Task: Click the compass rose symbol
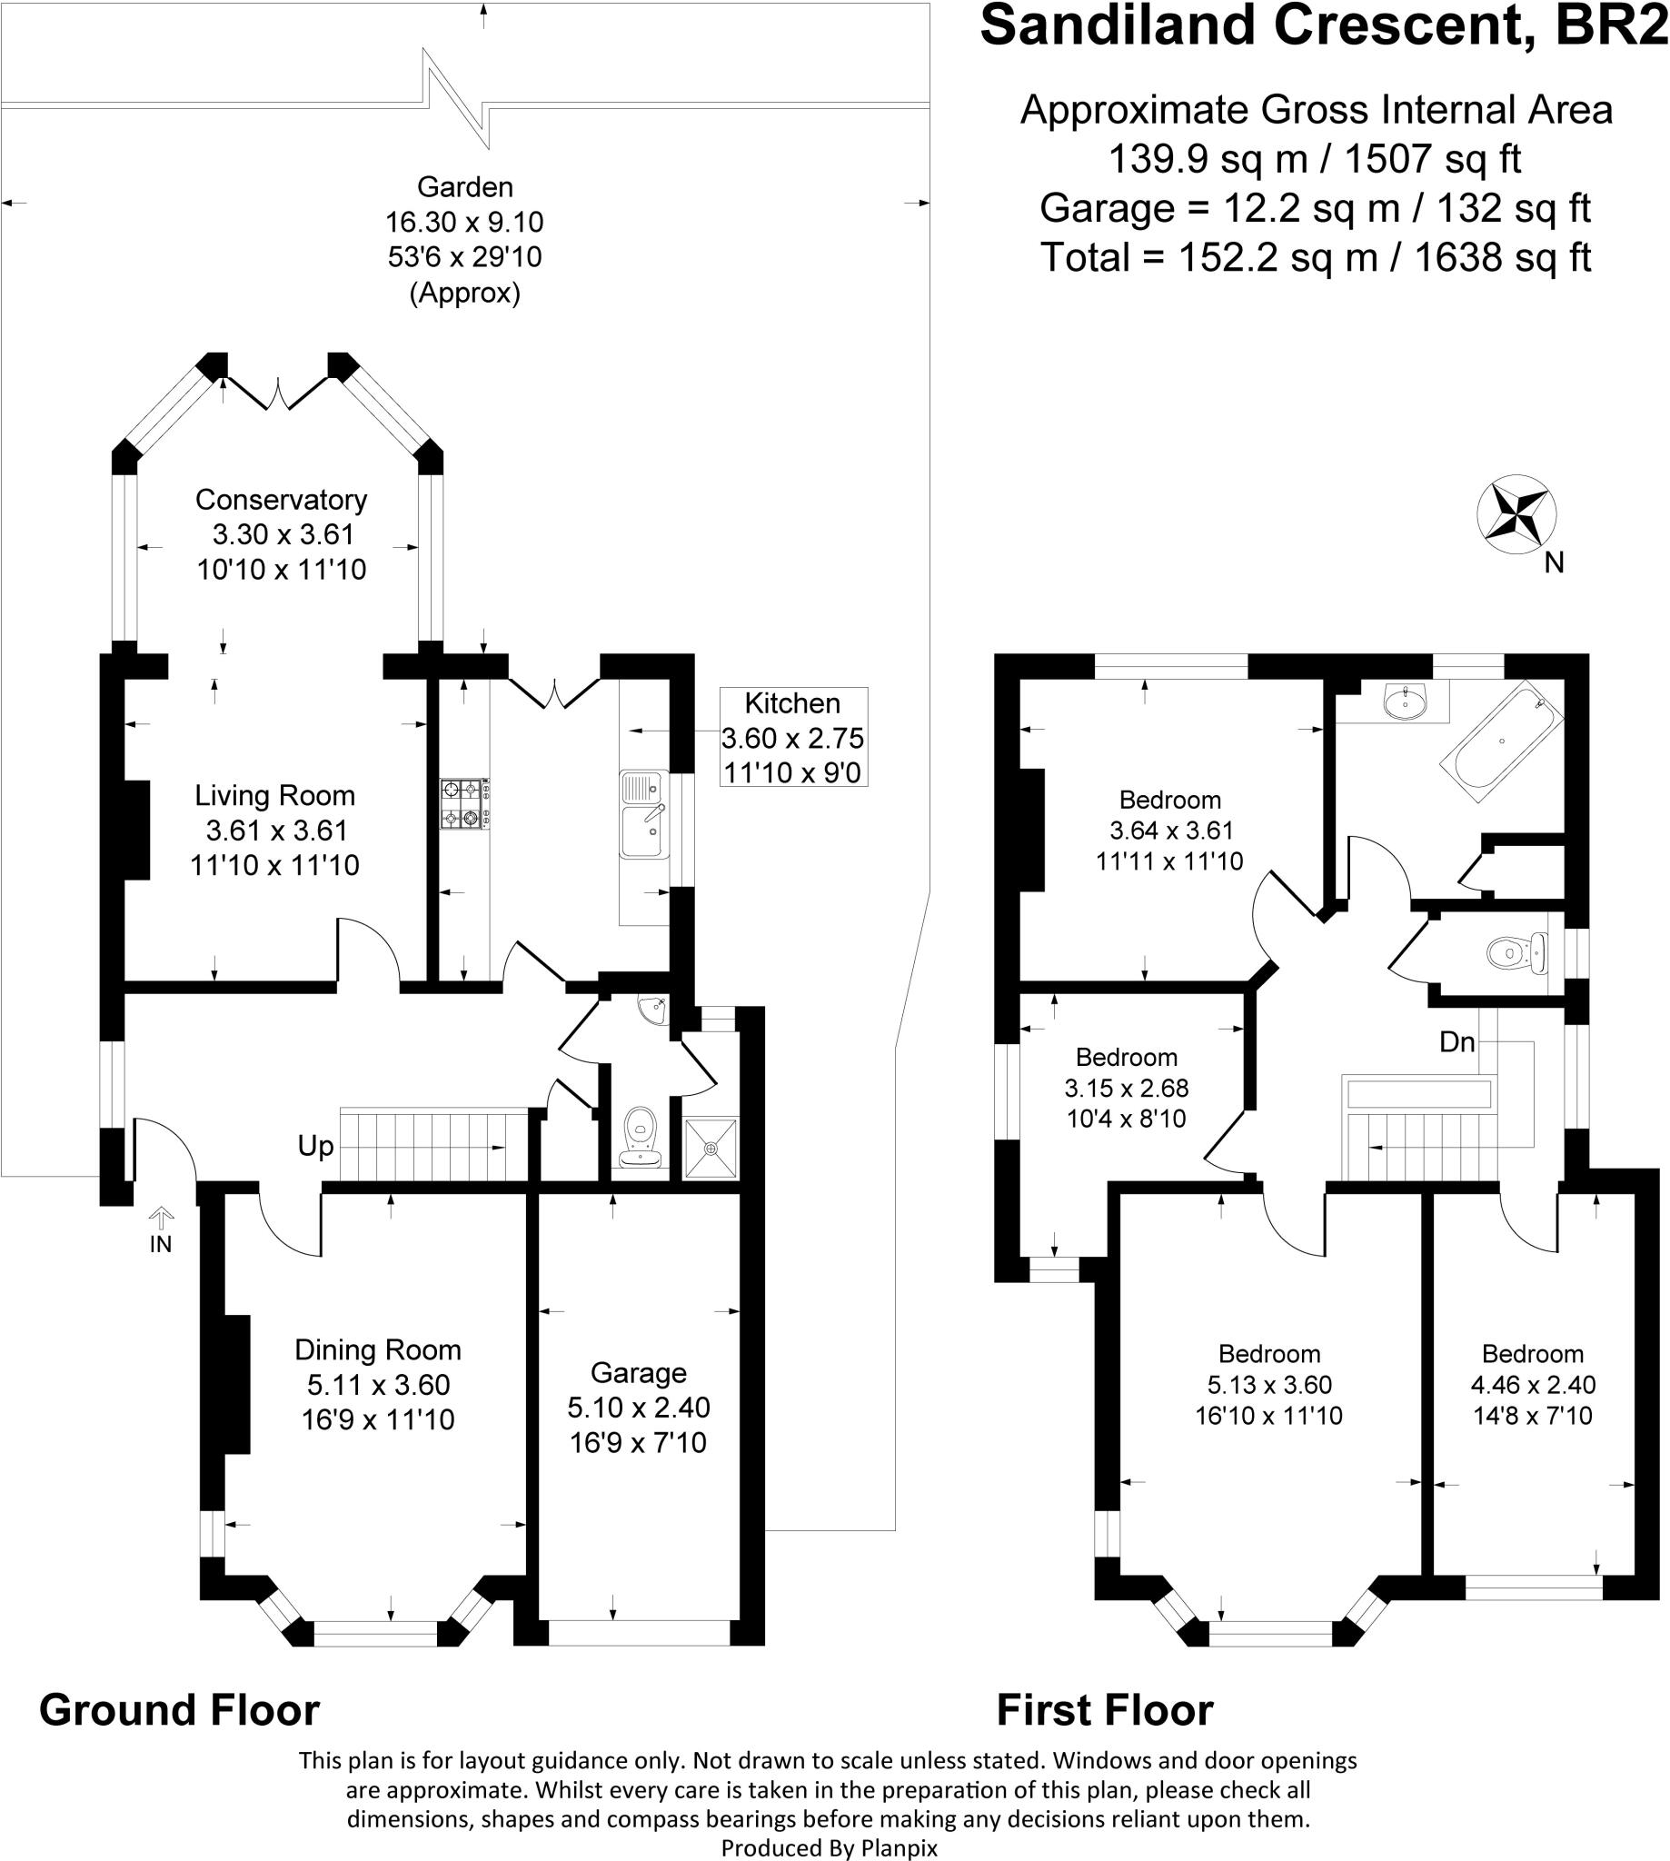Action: pyautogui.click(x=1516, y=515)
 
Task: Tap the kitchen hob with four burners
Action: pyautogui.click(x=464, y=804)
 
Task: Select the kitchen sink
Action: pyautogui.click(x=645, y=815)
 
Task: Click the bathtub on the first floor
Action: pyautogui.click(x=1501, y=741)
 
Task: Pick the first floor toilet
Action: pyautogui.click(x=1516, y=952)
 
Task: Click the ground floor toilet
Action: pyautogui.click(x=641, y=1136)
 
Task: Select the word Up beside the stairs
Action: pyautogui.click(x=315, y=1146)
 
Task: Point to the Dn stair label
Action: pyautogui.click(x=1457, y=1041)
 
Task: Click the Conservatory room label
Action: pyautogui.click(x=281, y=500)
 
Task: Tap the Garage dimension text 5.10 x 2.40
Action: pyautogui.click(x=639, y=1407)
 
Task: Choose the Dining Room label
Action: pyautogui.click(x=378, y=1350)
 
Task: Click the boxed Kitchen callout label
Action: pyautogui.click(x=793, y=738)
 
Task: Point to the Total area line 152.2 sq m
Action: pyautogui.click(x=1315, y=258)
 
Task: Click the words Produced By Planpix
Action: pyautogui.click(x=830, y=1847)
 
